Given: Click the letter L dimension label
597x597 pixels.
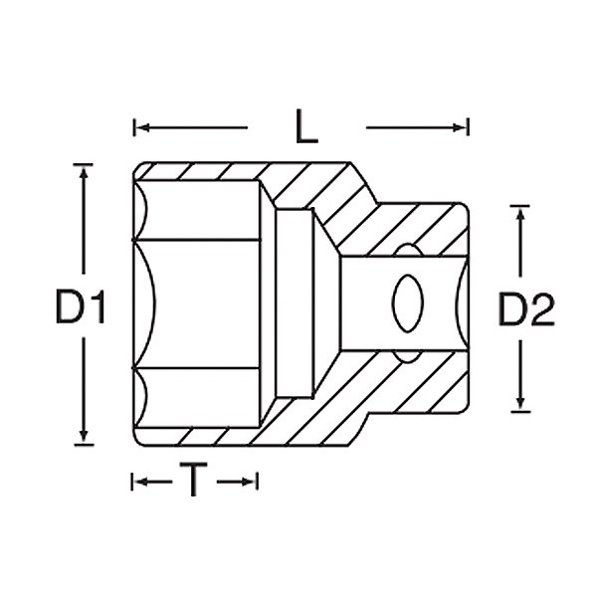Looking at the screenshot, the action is click(306, 126).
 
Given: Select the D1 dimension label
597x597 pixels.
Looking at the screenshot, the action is click(80, 306).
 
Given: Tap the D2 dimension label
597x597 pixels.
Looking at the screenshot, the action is click(526, 309).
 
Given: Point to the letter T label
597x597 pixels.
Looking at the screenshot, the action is click(193, 480).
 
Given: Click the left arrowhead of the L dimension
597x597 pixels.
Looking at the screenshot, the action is click(142, 127).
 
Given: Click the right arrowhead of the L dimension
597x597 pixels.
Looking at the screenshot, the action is click(459, 128).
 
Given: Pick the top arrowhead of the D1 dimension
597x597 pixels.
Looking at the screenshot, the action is click(84, 172).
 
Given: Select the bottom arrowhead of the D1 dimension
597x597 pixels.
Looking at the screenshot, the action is click(84, 436).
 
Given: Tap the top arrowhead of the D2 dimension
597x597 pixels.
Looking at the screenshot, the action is click(520, 214).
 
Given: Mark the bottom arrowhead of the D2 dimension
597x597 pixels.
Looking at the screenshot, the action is click(520, 404).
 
